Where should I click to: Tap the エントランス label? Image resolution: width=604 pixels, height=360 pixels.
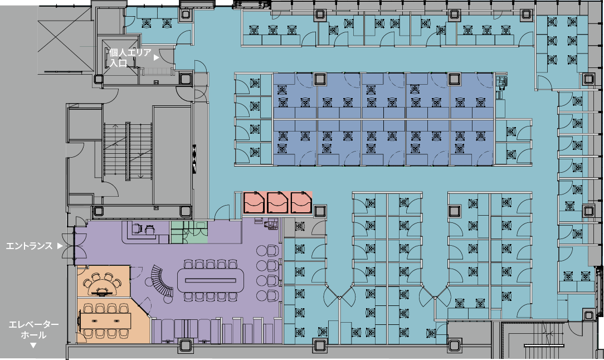[x=29, y=245]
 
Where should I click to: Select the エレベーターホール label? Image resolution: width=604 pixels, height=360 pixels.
[x=33, y=329]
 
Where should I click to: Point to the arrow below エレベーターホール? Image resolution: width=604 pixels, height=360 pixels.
[x=33, y=346]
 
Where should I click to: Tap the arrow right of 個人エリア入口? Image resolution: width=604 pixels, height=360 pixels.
[x=157, y=57]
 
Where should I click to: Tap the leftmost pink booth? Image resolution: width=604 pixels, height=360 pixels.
[x=255, y=203]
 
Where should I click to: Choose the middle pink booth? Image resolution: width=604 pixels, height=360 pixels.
[x=278, y=203]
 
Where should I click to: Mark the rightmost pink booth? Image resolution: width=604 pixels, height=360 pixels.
[x=301, y=203]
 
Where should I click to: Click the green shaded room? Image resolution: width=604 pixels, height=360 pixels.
[x=188, y=232]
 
